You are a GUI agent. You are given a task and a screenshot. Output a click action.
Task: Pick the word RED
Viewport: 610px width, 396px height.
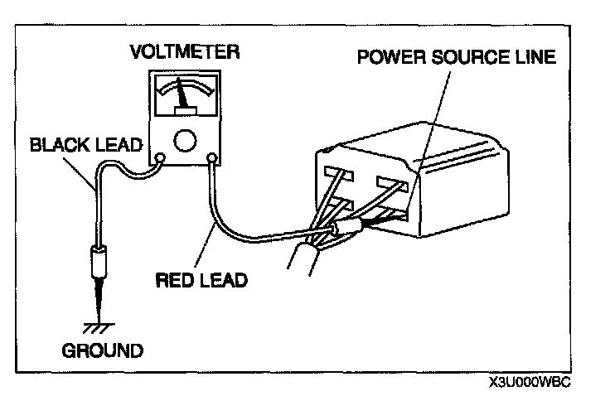(x=173, y=279)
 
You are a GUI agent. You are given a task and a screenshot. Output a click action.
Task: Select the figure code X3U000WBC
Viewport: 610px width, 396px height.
(x=531, y=383)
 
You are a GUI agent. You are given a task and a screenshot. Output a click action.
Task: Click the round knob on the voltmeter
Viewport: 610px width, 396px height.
(x=186, y=141)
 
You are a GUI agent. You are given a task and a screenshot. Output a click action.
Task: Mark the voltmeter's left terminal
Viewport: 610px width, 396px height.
(x=160, y=157)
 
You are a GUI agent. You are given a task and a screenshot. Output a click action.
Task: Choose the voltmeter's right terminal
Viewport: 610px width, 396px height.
(x=213, y=157)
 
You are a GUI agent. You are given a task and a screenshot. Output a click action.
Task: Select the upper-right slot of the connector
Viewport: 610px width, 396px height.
(x=390, y=180)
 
